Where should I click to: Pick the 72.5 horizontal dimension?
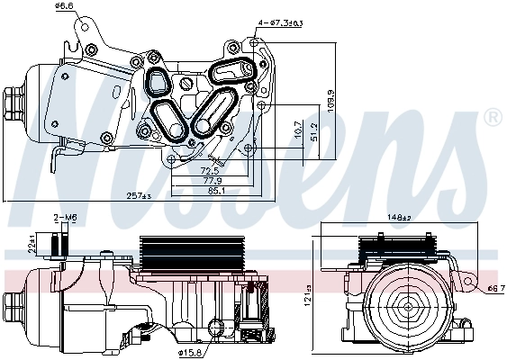[x=210, y=169]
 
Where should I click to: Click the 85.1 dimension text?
[x=216, y=190]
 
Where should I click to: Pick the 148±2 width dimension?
[x=399, y=216]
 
